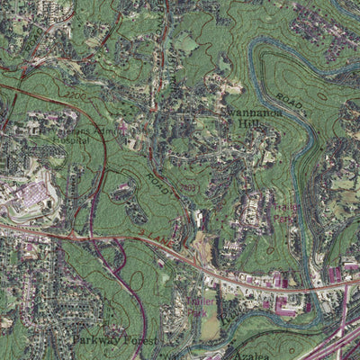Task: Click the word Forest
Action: [x=142, y=342]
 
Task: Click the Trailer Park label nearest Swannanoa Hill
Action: [x=285, y=214]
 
